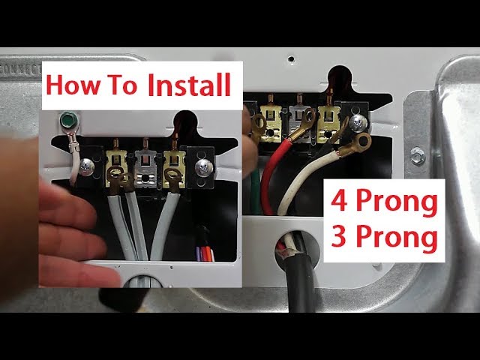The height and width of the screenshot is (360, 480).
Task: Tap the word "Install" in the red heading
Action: (188, 85)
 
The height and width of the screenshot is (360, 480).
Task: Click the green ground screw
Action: (69, 120)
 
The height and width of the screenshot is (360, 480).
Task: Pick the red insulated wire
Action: (271, 172)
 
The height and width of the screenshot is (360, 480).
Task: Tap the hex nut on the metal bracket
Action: (418, 155)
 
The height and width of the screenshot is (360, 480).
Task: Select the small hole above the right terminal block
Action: (292, 58)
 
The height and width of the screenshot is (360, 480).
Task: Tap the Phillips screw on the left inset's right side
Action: (204, 168)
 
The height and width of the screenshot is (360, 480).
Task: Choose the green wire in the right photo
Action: (256, 193)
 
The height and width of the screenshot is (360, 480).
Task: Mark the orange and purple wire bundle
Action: (205, 253)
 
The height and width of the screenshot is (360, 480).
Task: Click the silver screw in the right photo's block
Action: (358, 122)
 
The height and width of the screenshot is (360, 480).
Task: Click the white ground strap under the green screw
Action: (73, 159)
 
